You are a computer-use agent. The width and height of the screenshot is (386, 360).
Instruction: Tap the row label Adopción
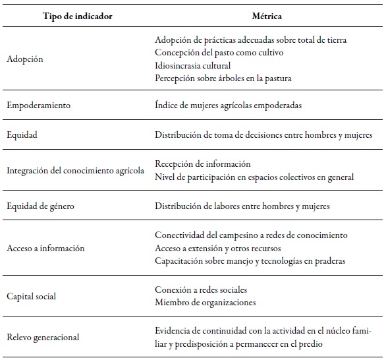[x=24, y=59]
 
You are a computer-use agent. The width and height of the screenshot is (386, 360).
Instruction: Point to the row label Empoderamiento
[x=38, y=104]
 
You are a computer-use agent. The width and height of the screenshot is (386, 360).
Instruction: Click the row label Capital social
[x=31, y=296]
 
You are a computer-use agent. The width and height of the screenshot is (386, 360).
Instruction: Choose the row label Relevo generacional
[x=42, y=337]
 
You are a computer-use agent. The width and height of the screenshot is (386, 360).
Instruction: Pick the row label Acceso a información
[x=45, y=249]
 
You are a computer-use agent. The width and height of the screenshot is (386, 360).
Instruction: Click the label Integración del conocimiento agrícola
[x=74, y=171]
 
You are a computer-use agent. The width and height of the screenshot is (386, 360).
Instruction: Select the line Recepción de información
[x=203, y=164]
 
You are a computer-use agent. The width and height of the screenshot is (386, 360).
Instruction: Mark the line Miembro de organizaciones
[x=205, y=302]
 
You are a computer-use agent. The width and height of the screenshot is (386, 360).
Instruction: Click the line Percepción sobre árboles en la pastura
[x=223, y=78]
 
